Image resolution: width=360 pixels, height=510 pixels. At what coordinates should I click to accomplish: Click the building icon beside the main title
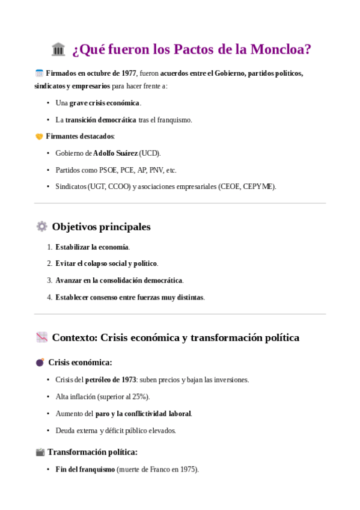pyautogui.click(x=58, y=49)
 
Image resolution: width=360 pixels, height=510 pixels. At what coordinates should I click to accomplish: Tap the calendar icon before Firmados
pyautogui.click(x=40, y=73)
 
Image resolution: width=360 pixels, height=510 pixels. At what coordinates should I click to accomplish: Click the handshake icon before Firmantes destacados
pyautogui.click(x=40, y=137)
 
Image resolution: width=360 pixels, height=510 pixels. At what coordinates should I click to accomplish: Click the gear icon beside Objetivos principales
pyautogui.click(x=41, y=227)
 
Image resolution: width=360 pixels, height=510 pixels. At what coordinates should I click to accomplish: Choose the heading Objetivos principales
pyautogui.click(x=101, y=227)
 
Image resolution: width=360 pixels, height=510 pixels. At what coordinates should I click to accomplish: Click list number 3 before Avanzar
pyautogui.click(x=50, y=280)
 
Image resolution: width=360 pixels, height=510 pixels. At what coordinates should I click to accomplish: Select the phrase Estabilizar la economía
pyautogui.click(x=92, y=247)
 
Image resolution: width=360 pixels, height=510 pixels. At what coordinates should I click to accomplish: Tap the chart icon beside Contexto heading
pyautogui.click(x=41, y=337)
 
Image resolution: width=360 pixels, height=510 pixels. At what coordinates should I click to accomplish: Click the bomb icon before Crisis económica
pyautogui.click(x=40, y=363)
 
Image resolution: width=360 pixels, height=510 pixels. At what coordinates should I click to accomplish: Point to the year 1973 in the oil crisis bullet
pyautogui.click(x=128, y=380)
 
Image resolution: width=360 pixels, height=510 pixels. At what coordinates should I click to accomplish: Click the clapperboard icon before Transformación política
pyautogui.click(x=40, y=452)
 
